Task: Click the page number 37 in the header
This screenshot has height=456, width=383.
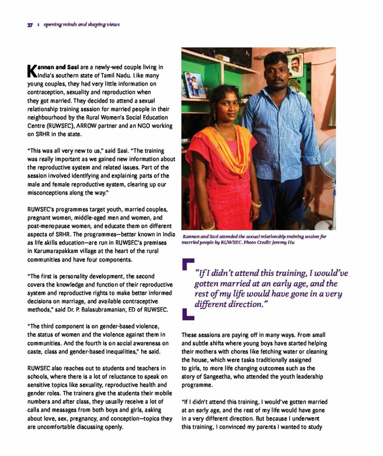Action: point(30,25)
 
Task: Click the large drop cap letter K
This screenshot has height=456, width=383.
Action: point(31,70)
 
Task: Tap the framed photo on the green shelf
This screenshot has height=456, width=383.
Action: point(195,85)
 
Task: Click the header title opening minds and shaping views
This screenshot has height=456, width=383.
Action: point(81,25)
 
